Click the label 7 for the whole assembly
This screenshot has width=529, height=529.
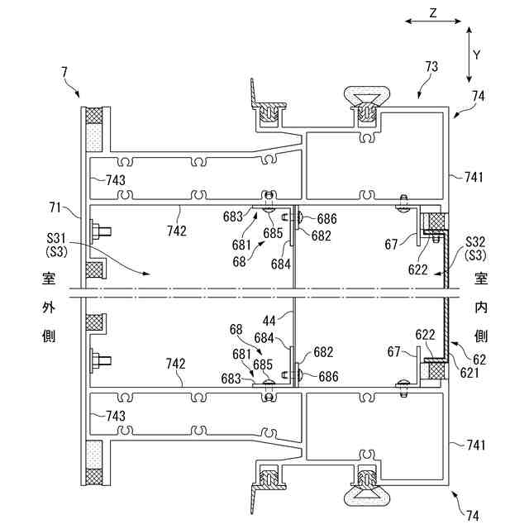[x=64, y=74]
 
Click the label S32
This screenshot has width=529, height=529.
[x=475, y=241]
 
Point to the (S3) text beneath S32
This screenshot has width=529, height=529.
[x=475, y=254]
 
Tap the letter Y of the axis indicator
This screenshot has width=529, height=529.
[x=477, y=55]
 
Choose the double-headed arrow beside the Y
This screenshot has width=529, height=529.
[x=469, y=55]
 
